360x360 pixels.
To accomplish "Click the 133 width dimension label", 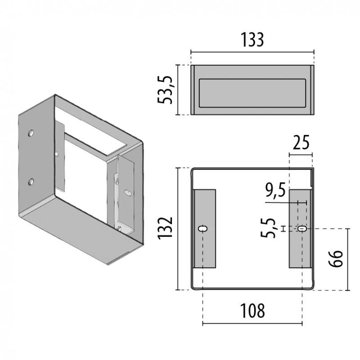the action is (x=252, y=40).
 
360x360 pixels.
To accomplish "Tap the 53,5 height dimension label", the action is (x=165, y=90).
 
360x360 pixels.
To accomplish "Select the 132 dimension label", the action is (x=165, y=228).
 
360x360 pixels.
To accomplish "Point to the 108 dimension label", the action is (x=252, y=310).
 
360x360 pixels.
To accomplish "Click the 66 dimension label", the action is (x=335, y=259).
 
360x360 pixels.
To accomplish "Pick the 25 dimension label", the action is (x=301, y=143).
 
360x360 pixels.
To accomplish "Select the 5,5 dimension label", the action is (x=268, y=228).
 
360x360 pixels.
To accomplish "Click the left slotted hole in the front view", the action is (x=203, y=229).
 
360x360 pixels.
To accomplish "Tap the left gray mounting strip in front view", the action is (x=205, y=229).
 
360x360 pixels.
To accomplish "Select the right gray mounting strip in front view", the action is (x=300, y=229).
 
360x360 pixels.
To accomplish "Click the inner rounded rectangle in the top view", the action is (x=252, y=93).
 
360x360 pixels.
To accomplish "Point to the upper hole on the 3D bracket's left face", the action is (x=31, y=133).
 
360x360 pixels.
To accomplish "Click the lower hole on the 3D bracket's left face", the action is (x=31, y=182).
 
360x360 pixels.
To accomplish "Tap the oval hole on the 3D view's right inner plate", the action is (x=128, y=193).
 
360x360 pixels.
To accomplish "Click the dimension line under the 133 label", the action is (x=252, y=52).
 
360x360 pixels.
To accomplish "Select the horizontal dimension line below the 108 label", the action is (x=252, y=324).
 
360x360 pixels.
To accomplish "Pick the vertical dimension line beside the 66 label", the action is (x=347, y=260).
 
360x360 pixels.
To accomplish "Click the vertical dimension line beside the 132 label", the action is (x=177, y=229).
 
